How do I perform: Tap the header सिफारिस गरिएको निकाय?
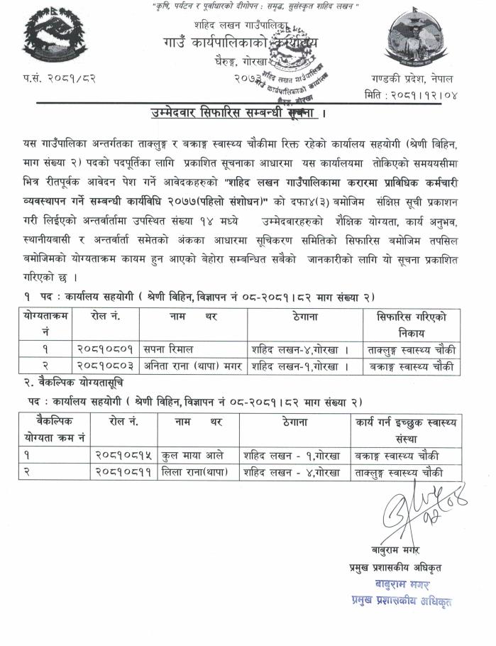tap(412, 324)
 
